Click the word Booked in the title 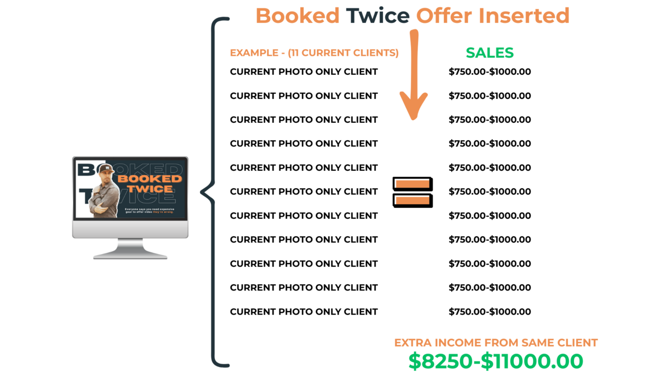297,16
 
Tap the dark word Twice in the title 377,16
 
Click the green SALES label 490,53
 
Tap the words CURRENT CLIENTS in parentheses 344,54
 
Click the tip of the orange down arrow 413,118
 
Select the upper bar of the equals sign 412,183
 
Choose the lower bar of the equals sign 412,199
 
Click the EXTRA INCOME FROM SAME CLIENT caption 496,343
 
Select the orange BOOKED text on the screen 150,179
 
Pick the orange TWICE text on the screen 149,189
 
